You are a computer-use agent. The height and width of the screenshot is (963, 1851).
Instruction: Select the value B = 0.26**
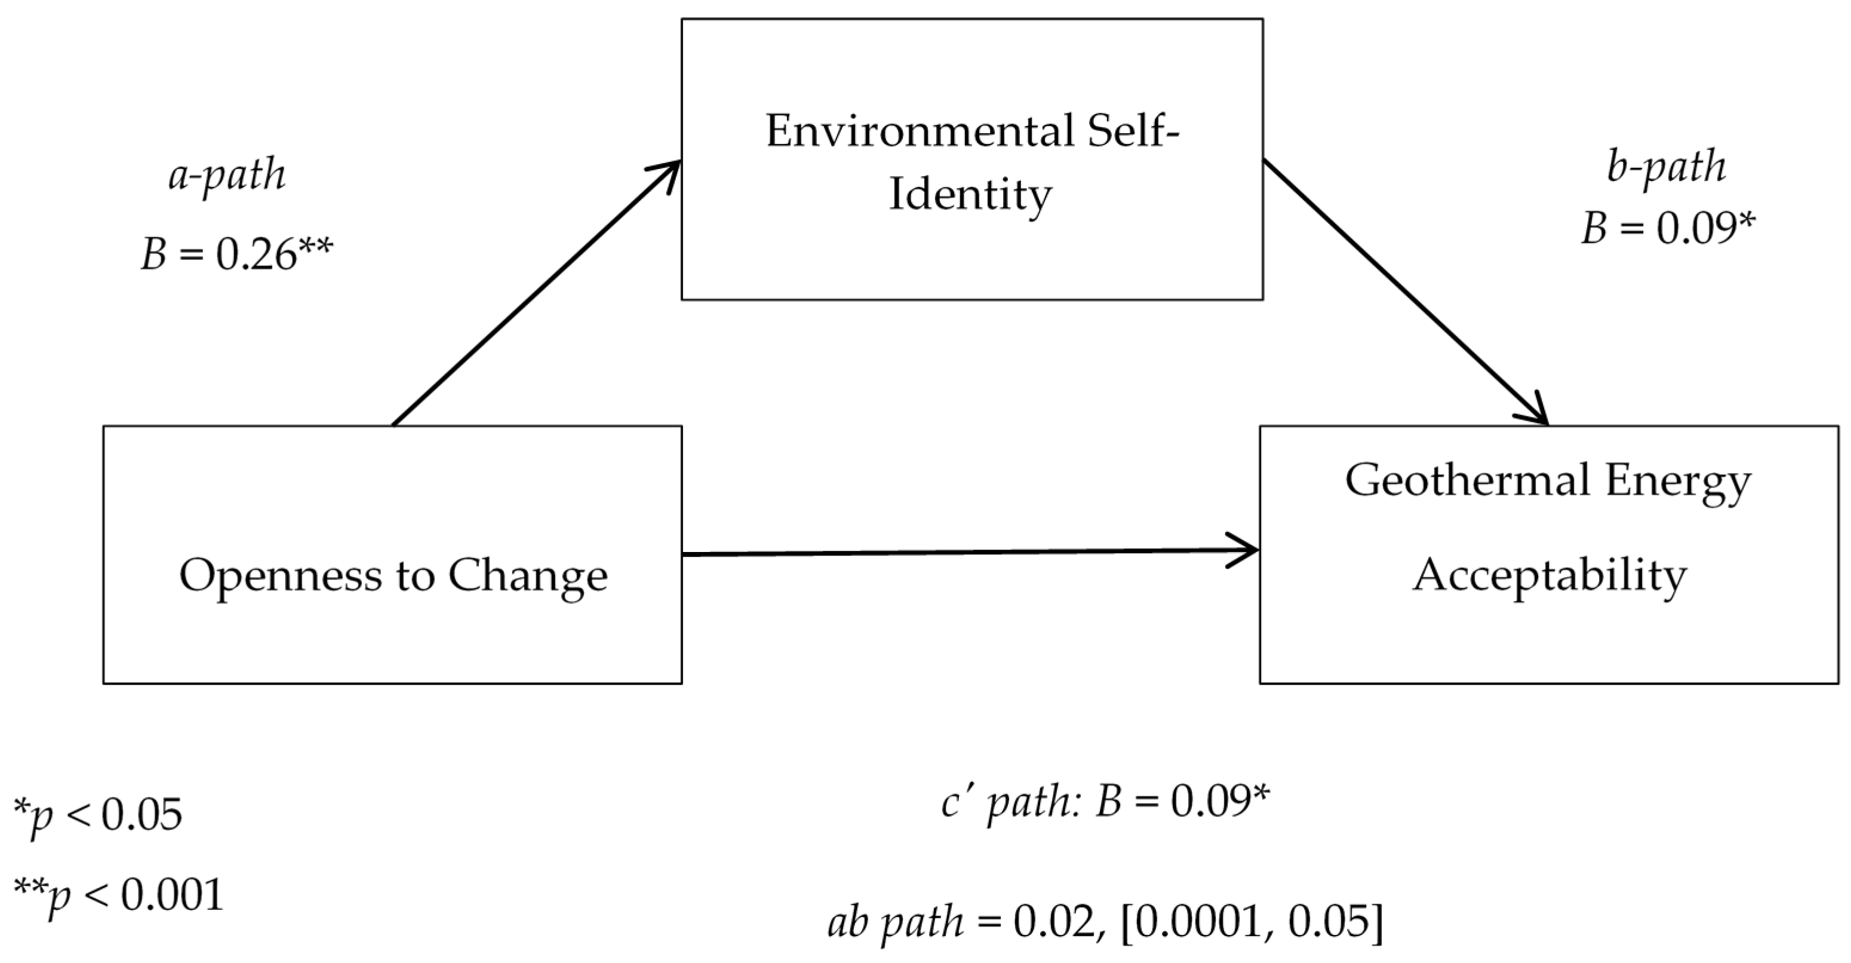click(237, 254)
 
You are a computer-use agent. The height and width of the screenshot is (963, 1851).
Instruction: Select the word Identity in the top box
click(970, 194)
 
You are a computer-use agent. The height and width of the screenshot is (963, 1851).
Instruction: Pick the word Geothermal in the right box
click(1466, 480)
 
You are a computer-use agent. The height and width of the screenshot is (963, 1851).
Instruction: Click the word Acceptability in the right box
click(1549, 576)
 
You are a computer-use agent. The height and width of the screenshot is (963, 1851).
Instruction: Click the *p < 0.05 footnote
click(98, 815)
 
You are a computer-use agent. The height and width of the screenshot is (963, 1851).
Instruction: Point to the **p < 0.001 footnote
click(119, 895)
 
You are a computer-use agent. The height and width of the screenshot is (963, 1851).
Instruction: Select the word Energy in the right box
click(1678, 480)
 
